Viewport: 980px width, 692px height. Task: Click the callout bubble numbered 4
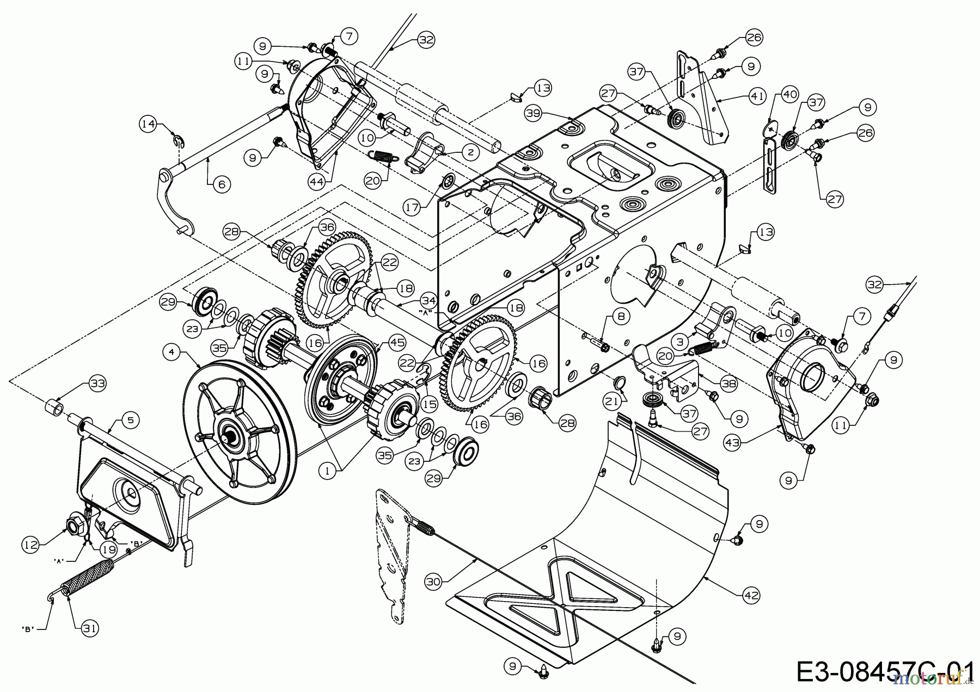coord(172,352)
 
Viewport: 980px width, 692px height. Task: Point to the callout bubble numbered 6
coord(221,184)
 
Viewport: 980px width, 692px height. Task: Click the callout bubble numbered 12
coord(31,544)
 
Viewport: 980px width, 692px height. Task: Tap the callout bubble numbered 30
coord(433,581)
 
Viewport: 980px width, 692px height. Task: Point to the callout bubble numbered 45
coord(397,342)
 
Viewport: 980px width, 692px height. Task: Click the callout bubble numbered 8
coord(621,315)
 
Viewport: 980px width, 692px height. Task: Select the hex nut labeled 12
coord(72,526)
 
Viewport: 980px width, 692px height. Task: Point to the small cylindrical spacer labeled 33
coord(53,406)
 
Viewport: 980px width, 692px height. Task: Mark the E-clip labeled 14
coord(177,142)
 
